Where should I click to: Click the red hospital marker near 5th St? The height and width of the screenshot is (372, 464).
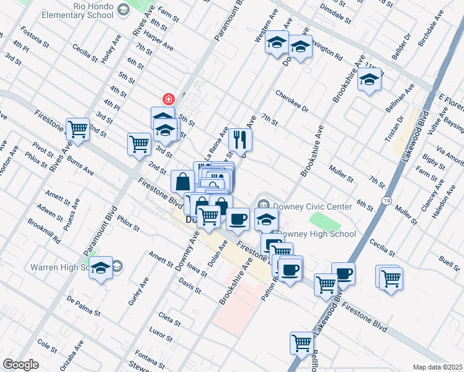(x=167, y=99)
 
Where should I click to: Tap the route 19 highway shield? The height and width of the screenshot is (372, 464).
(x=386, y=201)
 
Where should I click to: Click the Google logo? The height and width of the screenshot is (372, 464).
(x=20, y=365)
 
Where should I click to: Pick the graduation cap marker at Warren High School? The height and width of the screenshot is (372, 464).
(x=100, y=268)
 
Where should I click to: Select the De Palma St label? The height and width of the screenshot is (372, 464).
(x=83, y=303)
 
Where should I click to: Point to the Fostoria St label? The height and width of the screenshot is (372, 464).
(x=34, y=37)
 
